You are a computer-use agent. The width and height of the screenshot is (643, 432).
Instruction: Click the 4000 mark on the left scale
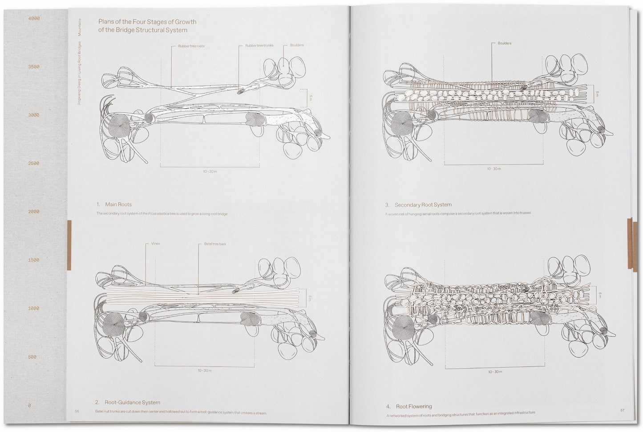coord(34,19)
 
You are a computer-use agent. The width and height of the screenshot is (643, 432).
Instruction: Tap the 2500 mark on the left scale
coord(34,164)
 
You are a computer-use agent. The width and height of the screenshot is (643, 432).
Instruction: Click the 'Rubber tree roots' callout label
coord(191,46)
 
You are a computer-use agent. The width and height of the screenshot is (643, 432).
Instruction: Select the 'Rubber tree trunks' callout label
coord(259,46)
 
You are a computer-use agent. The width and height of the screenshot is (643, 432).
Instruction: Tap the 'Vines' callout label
coord(155,244)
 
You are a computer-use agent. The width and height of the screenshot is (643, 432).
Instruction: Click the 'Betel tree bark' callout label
coord(215,244)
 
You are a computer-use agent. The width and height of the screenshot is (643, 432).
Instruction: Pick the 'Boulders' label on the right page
coord(504,44)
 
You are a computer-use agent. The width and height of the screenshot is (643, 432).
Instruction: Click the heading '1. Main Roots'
coord(114,205)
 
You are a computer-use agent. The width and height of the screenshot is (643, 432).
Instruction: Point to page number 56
coord(77,411)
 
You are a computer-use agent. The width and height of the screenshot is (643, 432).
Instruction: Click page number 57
coord(622,410)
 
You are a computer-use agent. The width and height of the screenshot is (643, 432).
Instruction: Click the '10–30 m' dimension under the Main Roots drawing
coord(210,171)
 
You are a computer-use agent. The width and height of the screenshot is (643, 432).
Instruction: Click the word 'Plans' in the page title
coord(106,22)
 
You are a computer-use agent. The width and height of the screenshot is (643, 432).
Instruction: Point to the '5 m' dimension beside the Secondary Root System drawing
coord(598,94)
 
